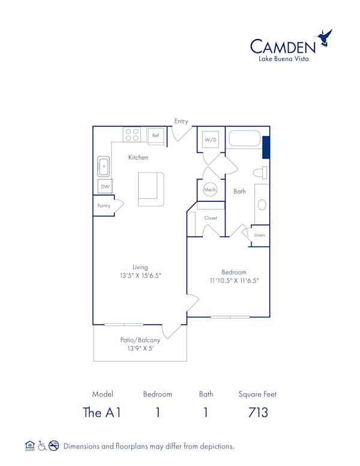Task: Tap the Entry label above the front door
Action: click(x=181, y=121)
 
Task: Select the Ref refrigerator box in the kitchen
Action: click(x=156, y=136)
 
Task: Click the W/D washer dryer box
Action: click(x=211, y=140)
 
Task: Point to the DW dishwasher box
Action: click(x=105, y=187)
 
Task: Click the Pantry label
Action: click(x=104, y=206)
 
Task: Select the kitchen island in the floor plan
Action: click(x=151, y=189)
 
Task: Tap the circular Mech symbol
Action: click(x=210, y=190)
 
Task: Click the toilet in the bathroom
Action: click(x=260, y=173)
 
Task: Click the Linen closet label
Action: click(x=259, y=235)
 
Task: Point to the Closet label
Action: click(x=211, y=218)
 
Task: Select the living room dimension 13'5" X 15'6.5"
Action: click(x=140, y=276)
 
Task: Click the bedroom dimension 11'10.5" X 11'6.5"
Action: click(x=234, y=280)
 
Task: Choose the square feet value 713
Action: click(x=257, y=413)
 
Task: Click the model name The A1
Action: click(x=102, y=413)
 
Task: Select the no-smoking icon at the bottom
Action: click(x=55, y=446)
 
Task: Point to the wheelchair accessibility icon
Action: click(x=42, y=446)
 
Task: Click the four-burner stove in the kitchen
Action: click(x=132, y=135)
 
